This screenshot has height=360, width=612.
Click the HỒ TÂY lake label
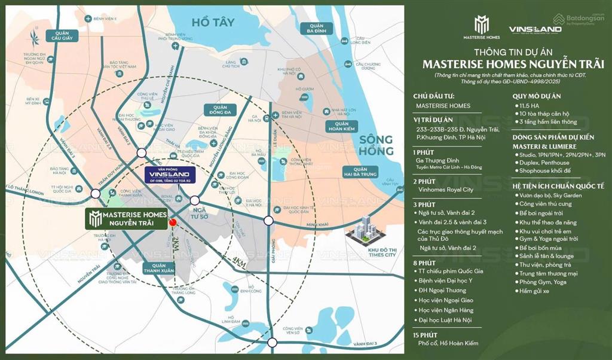click(211, 23)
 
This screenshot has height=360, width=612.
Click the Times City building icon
click(363, 231)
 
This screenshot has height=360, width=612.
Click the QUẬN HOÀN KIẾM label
click(341, 126)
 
